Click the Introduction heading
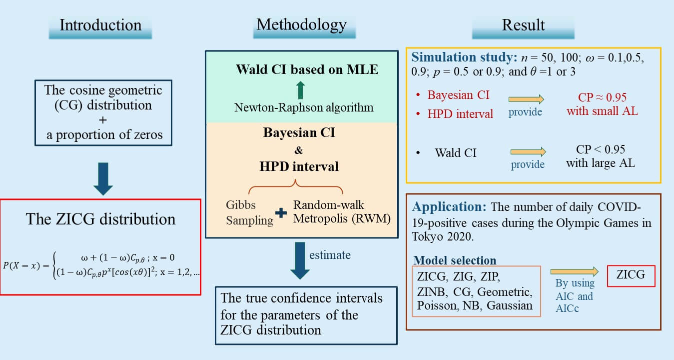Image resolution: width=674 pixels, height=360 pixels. tap(100, 25)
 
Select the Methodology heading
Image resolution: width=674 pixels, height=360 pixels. tap(301, 24)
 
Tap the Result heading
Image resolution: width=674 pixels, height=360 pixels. tap(523, 25)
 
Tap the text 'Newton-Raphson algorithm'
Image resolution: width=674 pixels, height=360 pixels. tap(303, 107)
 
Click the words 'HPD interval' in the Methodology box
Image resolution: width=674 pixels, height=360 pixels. tap(299, 166)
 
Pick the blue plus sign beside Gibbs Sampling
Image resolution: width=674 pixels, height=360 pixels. tap(282, 212)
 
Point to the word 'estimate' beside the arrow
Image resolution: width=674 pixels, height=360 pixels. tap(330, 255)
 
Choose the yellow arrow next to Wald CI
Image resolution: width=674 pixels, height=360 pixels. tap(528, 151)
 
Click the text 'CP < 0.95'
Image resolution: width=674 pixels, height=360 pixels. tap(601, 149)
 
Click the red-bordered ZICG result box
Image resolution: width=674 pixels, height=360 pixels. tap(631, 274)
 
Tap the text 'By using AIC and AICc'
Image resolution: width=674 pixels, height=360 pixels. tap(575, 295)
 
